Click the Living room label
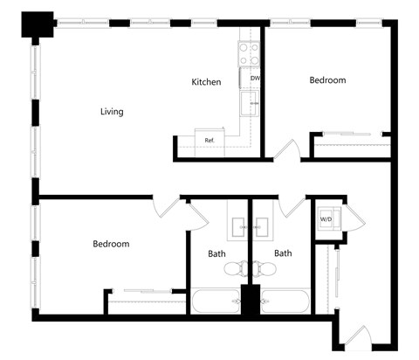(112, 112)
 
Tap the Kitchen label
(207, 82)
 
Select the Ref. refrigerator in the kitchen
(210, 140)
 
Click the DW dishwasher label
(255, 80)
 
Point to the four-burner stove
(250, 54)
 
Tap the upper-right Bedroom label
(327, 80)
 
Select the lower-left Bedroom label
(111, 244)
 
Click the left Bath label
(217, 254)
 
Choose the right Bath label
(283, 254)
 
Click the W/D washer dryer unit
(326, 218)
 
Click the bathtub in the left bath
(215, 301)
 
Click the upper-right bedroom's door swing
(289, 149)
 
